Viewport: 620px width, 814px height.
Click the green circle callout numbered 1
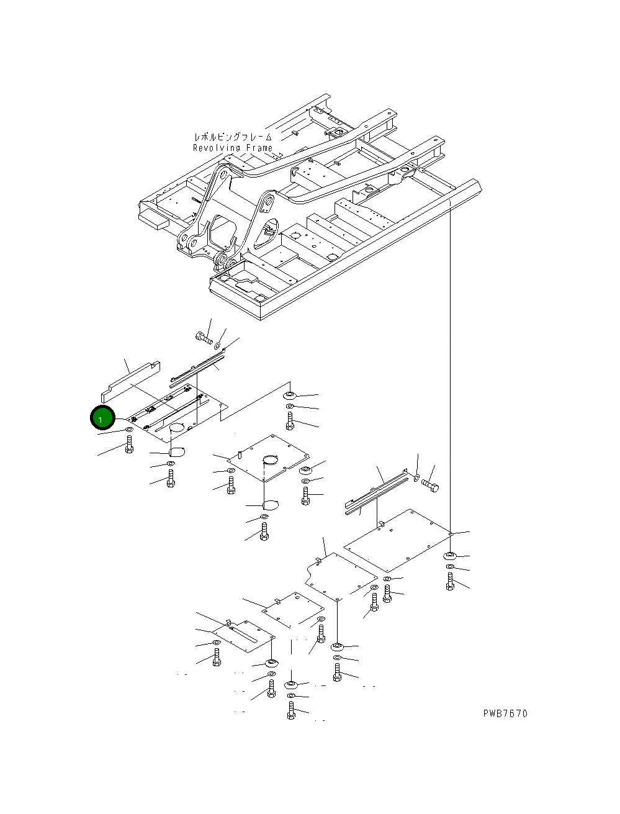(102, 418)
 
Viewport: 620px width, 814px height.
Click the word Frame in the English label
(259, 148)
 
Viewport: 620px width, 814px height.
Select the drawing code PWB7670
(505, 713)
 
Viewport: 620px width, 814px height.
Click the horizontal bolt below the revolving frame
(204, 338)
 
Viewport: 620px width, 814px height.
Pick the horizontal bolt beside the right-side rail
(430, 486)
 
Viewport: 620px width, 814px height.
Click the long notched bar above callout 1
(130, 382)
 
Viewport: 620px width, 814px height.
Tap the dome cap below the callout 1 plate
(177, 452)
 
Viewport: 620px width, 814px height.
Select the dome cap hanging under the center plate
(270, 505)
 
